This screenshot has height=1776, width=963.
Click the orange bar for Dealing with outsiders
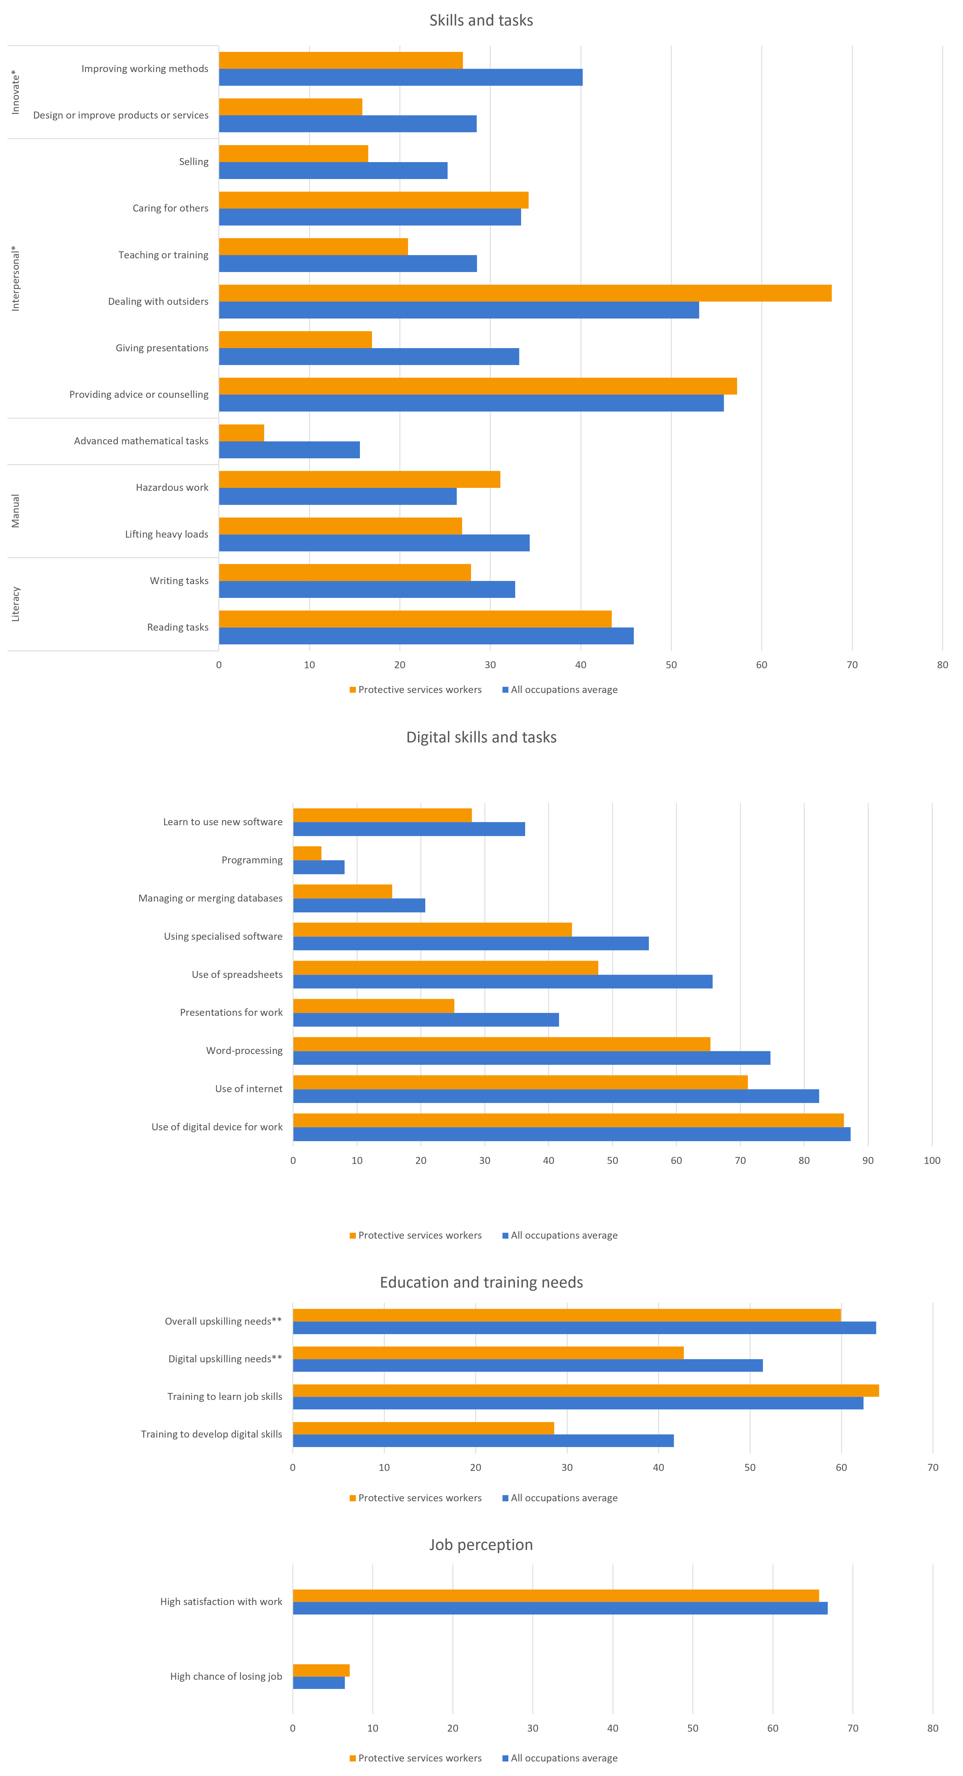(x=524, y=293)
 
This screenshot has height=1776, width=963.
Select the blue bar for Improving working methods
(x=400, y=77)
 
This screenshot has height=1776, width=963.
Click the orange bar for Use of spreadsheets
(x=445, y=967)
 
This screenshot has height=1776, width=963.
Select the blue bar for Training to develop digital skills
(x=483, y=1440)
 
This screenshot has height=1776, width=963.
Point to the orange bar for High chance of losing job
(x=321, y=1670)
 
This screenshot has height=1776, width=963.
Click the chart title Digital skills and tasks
(x=481, y=737)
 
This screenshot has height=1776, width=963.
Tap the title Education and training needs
(x=481, y=1282)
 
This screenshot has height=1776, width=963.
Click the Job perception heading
(x=481, y=1544)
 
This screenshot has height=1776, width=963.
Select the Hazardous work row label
(x=172, y=487)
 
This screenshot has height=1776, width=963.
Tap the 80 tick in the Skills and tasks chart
(x=942, y=664)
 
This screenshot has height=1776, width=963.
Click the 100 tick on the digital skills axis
(x=931, y=1160)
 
